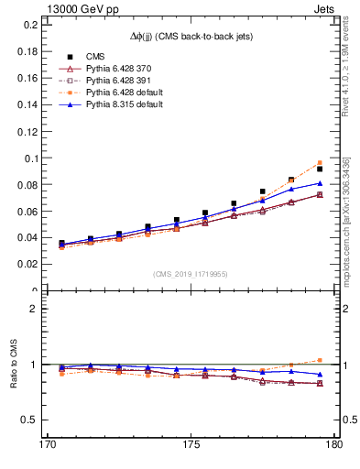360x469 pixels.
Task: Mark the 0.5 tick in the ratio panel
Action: click(x=26, y=420)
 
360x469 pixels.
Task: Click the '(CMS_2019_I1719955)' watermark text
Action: click(x=191, y=273)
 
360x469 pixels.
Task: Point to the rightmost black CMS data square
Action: click(x=320, y=169)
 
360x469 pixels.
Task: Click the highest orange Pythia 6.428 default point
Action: click(x=320, y=162)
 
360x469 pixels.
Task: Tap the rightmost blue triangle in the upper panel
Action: click(x=320, y=183)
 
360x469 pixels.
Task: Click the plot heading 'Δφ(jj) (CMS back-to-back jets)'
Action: click(x=191, y=36)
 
